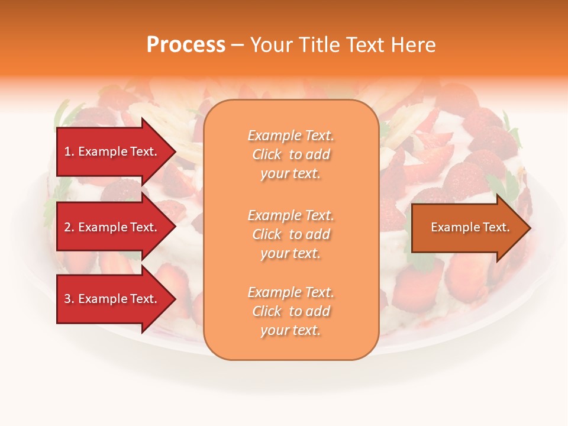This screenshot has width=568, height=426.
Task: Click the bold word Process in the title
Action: (186, 45)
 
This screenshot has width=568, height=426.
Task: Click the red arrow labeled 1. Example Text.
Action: (112, 151)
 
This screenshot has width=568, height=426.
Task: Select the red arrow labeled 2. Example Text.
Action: (112, 227)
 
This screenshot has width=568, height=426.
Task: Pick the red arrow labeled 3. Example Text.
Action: (112, 299)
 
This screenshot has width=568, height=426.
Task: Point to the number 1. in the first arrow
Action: (69, 151)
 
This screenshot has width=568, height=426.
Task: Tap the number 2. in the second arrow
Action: (69, 227)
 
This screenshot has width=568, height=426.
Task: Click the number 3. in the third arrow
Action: (69, 299)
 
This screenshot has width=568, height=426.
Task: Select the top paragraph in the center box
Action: (291, 154)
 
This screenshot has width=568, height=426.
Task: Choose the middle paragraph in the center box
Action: (291, 234)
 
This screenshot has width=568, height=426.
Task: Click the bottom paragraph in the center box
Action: (291, 311)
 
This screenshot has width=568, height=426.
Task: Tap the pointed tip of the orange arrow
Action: (529, 228)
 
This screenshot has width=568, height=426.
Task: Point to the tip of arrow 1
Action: (175, 151)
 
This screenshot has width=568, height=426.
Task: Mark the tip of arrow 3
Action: (175, 299)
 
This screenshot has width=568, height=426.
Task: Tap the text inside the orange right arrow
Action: (470, 227)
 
